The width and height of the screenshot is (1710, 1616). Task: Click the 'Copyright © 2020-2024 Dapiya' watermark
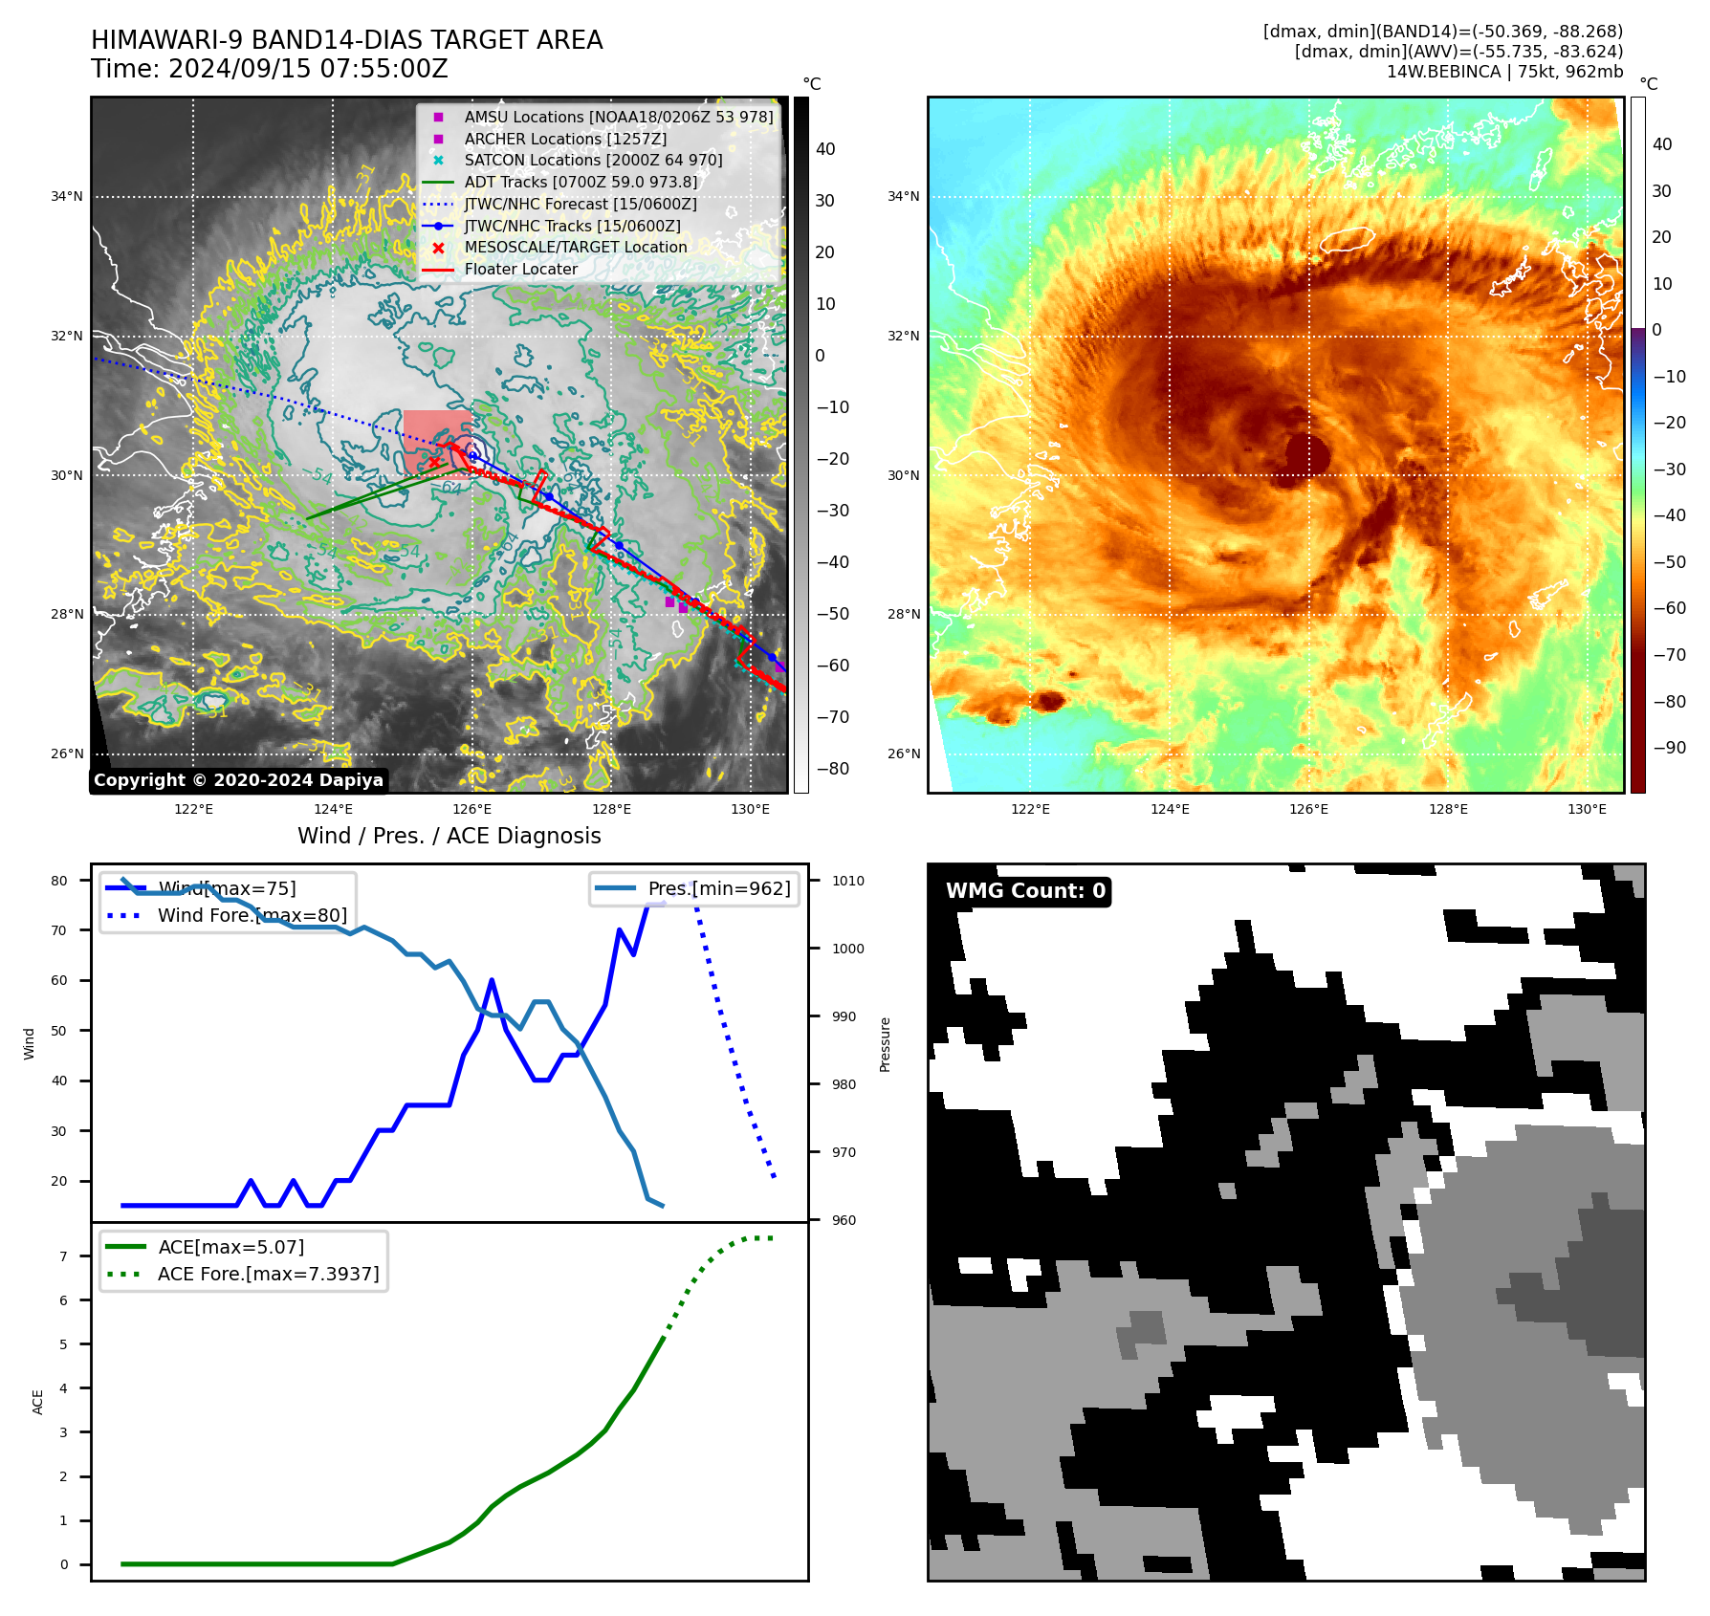pyautogui.click(x=238, y=780)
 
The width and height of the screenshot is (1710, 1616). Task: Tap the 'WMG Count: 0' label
pyautogui.click(x=1025, y=891)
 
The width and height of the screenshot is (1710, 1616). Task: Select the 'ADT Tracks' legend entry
pyautogui.click(x=580, y=182)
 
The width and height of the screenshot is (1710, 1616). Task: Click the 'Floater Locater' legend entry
pyautogui.click(x=520, y=270)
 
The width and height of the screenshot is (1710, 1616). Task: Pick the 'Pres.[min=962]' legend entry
pyautogui.click(x=718, y=888)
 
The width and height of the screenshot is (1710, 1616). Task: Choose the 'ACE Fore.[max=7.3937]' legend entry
pyautogui.click(x=268, y=1274)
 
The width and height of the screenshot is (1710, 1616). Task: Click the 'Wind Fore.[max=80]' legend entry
pyautogui.click(x=252, y=915)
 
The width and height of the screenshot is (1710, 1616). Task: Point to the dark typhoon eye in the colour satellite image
pyautogui.click(x=1306, y=453)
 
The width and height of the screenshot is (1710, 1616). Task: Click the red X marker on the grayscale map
pyautogui.click(x=434, y=463)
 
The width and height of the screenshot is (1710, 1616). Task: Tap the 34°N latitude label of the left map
pyautogui.click(x=67, y=197)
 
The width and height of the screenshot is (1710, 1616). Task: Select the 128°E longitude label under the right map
pyautogui.click(x=1448, y=809)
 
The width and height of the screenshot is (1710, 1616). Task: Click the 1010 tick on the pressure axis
pyautogui.click(x=847, y=881)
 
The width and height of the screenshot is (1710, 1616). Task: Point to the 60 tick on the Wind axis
pyautogui.click(x=59, y=980)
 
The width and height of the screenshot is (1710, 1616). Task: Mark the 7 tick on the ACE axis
pyautogui.click(x=63, y=1256)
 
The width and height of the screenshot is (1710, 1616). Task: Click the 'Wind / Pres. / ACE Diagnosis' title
pyautogui.click(x=449, y=836)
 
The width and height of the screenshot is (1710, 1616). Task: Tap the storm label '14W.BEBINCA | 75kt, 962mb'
pyautogui.click(x=1504, y=72)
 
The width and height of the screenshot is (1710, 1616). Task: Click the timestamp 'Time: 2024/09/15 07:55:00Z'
pyautogui.click(x=270, y=69)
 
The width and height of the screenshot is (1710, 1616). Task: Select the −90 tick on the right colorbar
pyautogui.click(x=1669, y=748)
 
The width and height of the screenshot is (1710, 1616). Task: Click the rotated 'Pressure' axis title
pyautogui.click(x=885, y=1044)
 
